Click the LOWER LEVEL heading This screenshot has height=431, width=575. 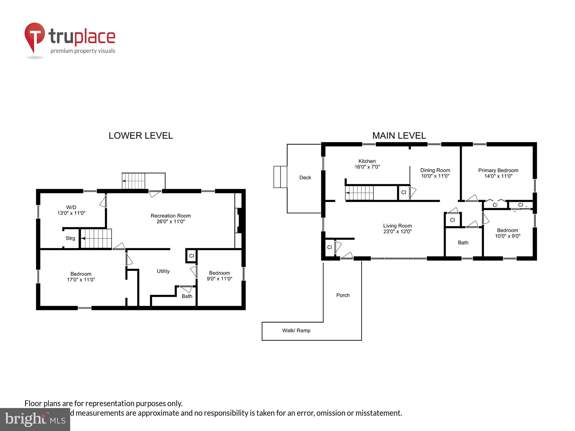point(141,136)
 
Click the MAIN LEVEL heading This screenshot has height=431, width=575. point(399,136)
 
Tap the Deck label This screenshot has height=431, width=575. point(305,178)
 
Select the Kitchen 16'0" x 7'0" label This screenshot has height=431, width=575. point(367,164)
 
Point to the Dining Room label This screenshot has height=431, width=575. point(435,173)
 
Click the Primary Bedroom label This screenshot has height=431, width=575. point(498,173)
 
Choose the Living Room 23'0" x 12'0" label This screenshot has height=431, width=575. point(397,228)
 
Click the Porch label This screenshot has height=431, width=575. point(343,295)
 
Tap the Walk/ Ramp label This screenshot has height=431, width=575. point(296,330)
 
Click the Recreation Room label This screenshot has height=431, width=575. point(170,218)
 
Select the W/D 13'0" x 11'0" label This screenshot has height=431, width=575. point(71,210)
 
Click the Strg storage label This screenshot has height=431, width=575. point(70,238)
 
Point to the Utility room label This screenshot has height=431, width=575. point(163,271)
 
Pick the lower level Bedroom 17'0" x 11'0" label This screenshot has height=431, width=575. point(81,277)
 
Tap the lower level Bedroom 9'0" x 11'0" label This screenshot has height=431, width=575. point(219,276)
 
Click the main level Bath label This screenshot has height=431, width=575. point(463,243)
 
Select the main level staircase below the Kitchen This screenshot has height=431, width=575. point(359,193)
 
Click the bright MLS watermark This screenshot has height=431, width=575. point(35,420)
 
